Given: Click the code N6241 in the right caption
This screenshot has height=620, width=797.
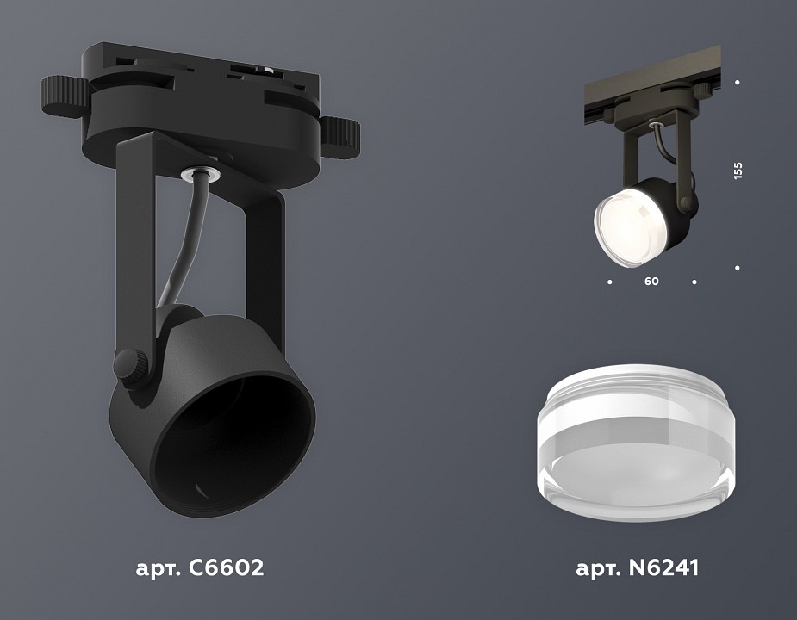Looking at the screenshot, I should click(662, 568).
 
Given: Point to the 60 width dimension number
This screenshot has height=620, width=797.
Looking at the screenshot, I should click(651, 281).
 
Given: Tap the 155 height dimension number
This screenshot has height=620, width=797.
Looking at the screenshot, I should click(738, 170).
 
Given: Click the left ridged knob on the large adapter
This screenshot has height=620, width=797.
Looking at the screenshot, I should click(63, 95).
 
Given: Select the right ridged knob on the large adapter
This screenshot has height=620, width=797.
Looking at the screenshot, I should click(341, 133).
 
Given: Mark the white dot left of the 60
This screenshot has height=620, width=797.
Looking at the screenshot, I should click(609, 281).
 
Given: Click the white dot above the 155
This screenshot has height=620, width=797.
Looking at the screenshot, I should click(738, 83).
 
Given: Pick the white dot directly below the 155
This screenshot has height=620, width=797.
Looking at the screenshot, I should click(738, 268).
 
